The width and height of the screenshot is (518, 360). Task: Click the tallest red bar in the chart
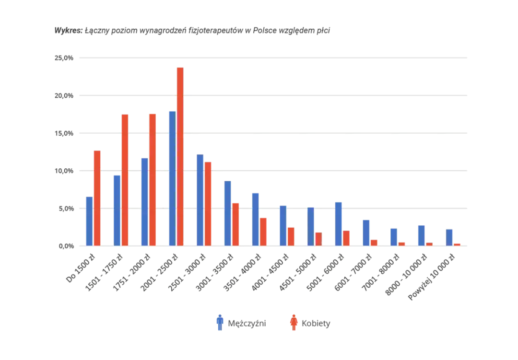[180, 156]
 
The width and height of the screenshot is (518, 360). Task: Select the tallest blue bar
[172, 177]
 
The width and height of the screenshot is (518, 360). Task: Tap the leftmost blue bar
[88, 221]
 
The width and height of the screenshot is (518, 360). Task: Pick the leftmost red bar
[97, 197]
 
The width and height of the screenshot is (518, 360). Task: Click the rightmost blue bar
[449, 237]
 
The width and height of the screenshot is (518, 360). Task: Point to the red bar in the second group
[125, 179]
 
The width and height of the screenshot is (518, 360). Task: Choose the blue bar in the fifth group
[200, 199]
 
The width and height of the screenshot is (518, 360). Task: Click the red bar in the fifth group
[209, 203]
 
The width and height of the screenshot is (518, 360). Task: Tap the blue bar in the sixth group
[228, 213]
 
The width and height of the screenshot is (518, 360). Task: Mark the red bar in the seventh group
[264, 231]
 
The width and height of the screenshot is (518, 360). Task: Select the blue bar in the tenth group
[339, 223]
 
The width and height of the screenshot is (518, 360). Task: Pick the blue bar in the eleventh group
[366, 232]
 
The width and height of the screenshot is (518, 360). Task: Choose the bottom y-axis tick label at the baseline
[67, 246]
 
